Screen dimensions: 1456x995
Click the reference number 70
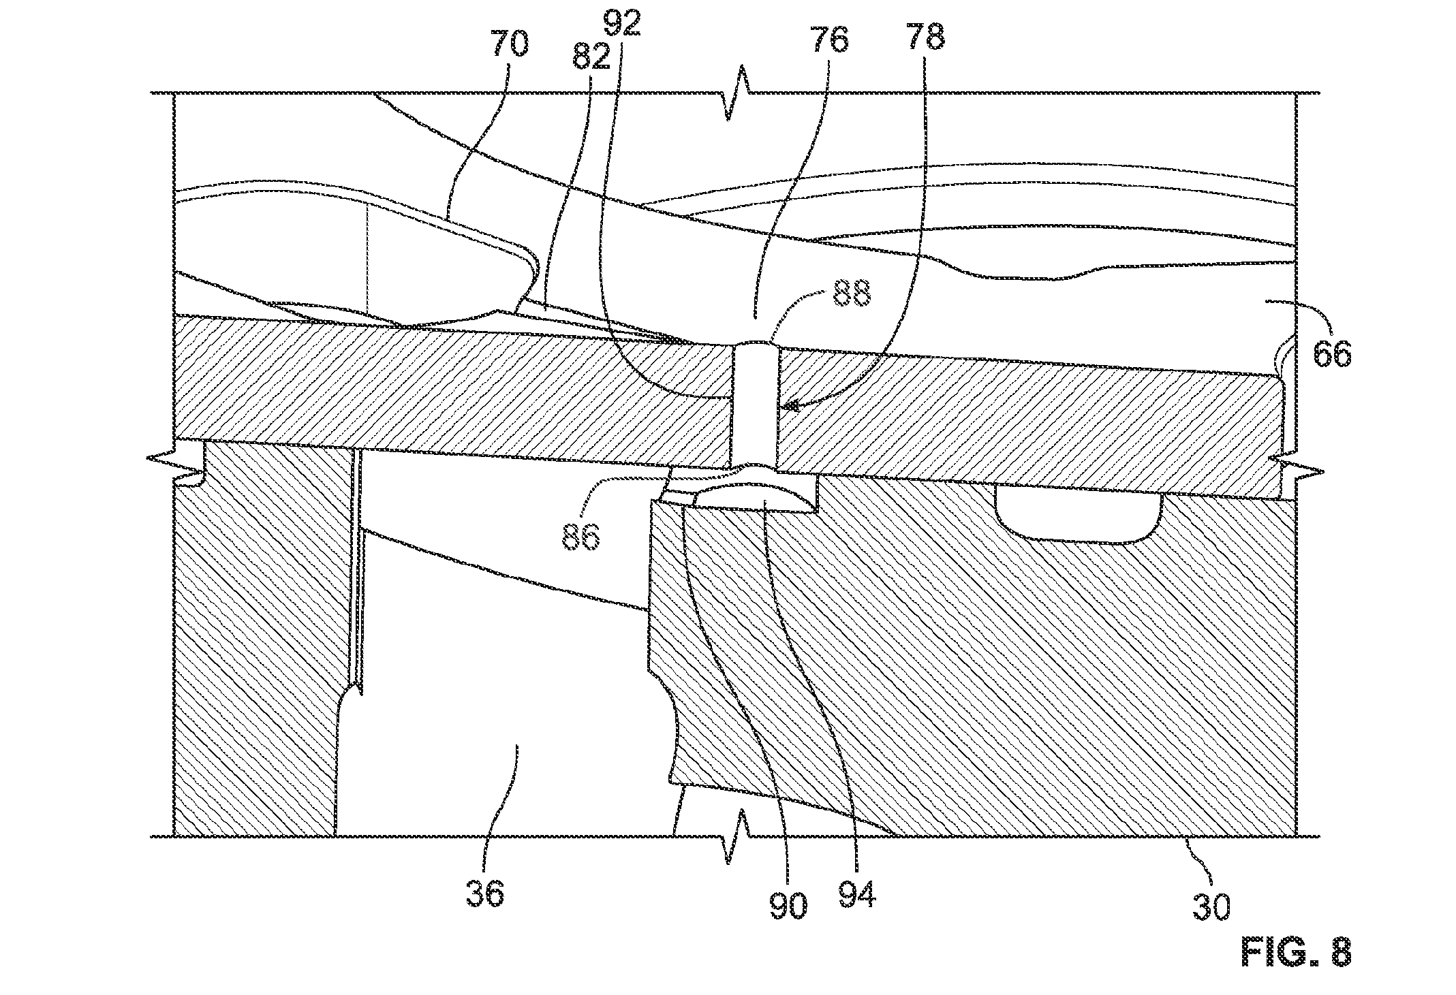tap(507, 45)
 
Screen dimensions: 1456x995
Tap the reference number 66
tap(1331, 353)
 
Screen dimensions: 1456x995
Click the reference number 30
tap(1211, 906)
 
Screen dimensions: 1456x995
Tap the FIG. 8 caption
tap(1295, 952)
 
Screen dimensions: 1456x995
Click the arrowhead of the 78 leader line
tap(787, 407)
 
